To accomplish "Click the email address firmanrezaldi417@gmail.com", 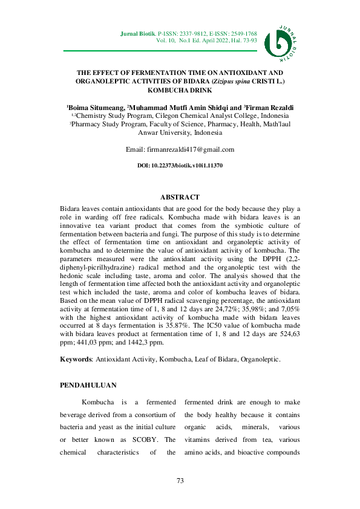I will [x=189, y=149].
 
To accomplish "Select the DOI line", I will [x=180, y=165].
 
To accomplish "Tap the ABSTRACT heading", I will [x=180, y=197].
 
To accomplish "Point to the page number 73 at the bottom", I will [x=180, y=481].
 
